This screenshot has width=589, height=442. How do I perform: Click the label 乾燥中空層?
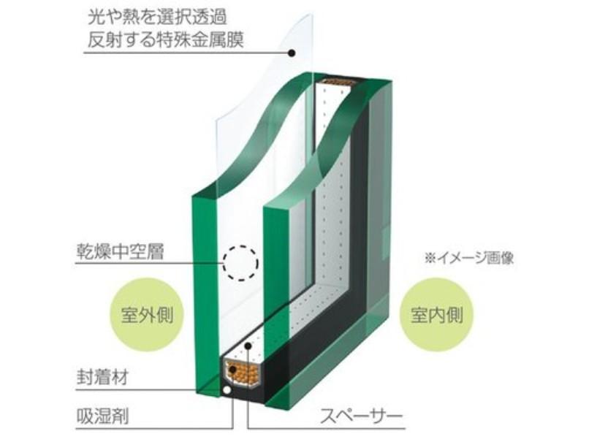pyautogui.click(x=121, y=251)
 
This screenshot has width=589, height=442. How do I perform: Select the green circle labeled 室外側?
pyautogui.click(x=146, y=315)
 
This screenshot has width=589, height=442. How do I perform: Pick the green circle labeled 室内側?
pyautogui.click(x=436, y=315)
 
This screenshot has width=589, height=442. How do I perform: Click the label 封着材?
pyautogui.click(x=102, y=377)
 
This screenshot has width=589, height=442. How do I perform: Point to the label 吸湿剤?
pyautogui.click(x=102, y=416)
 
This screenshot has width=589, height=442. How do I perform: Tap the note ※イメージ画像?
pyautogui.click(x=469, y=259)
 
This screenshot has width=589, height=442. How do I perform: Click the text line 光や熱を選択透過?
pyautogui.click(x=157, y=18)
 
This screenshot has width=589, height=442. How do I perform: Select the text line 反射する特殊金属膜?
pyautogui.click(x=166, y=39)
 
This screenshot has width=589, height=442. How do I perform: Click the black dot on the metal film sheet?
pyautogui.click(x=292, y=53)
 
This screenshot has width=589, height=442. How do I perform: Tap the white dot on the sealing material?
pyautogui.click(x=227, y=390)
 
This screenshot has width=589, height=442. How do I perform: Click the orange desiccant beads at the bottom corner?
pyautogui.click(x=242, y=372)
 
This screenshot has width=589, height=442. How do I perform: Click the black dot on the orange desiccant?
pyautogui.click(x=233, y=370)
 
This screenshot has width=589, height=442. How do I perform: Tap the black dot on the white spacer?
pyautogui.click(x=248, y=346)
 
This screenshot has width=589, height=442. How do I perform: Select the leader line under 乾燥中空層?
pyautogui.click(x=150, y=263)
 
